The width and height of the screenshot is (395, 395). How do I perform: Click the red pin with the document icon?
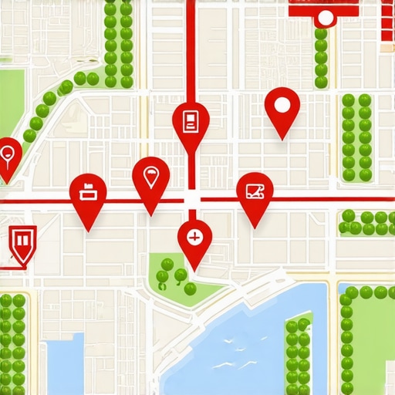(191, 120)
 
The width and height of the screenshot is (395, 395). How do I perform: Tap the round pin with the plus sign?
(194, 236)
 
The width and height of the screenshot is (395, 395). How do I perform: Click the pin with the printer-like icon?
(88, 192)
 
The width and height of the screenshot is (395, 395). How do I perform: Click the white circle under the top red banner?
(326, 17)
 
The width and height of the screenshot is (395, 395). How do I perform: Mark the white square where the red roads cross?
(191, 200)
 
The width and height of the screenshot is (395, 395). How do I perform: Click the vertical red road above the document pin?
(191, 46)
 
